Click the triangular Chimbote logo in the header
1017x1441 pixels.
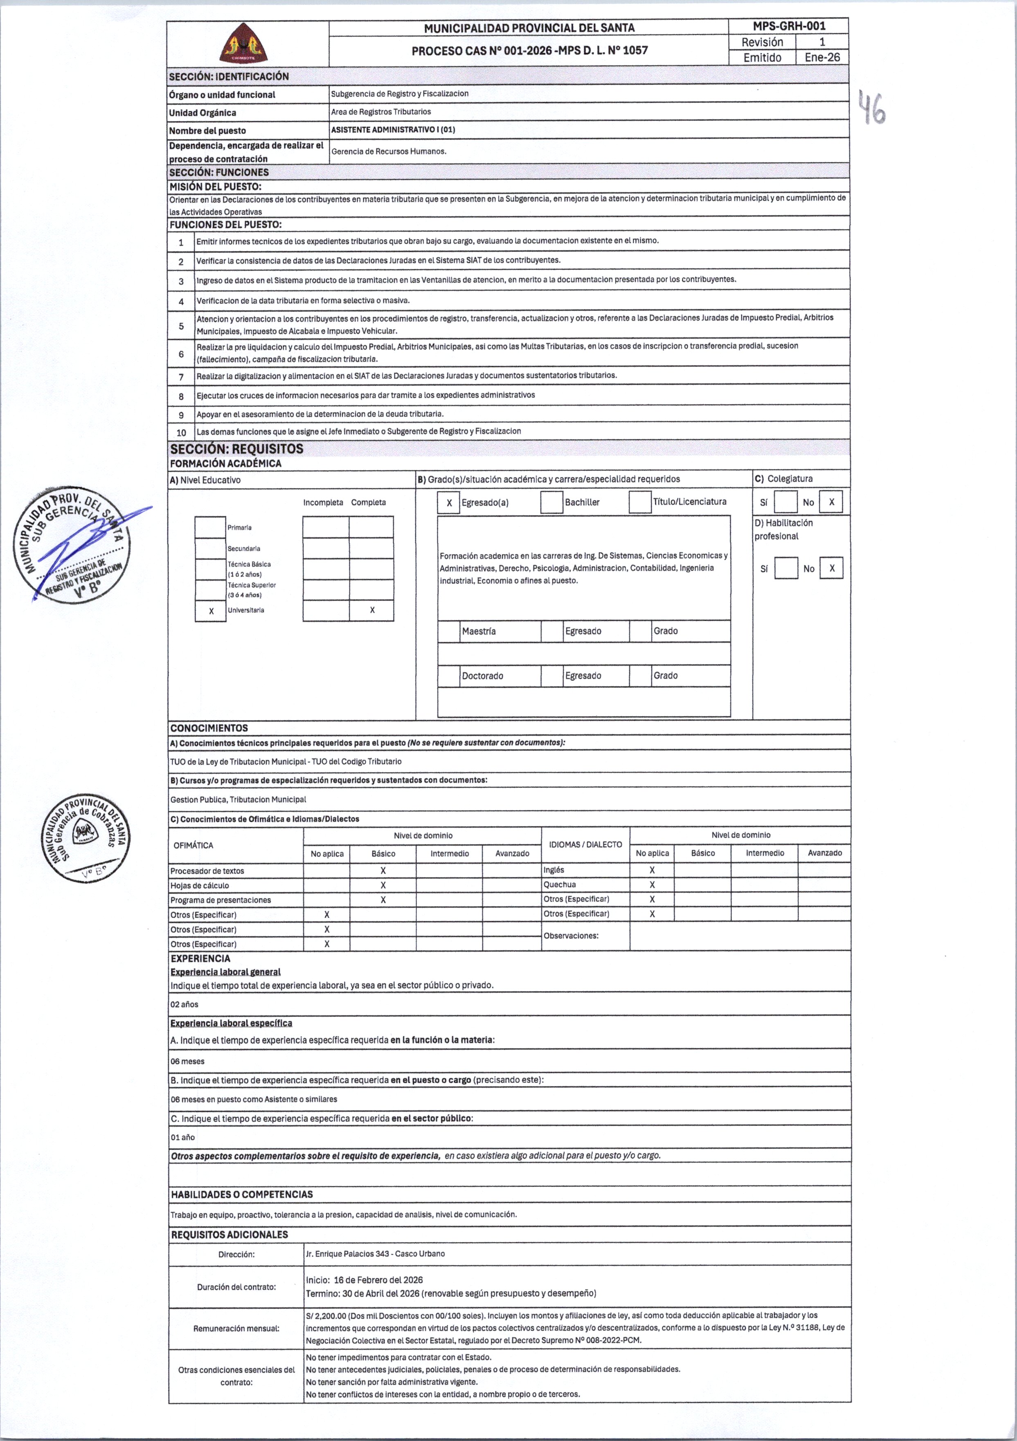click(243, 44)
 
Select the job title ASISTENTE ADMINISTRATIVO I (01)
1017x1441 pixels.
click(393, 130)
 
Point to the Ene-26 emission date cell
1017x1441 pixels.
click(822, 57)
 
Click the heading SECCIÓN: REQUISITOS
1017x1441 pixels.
click(237, 449)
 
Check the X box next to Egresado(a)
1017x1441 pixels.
click(449, 503)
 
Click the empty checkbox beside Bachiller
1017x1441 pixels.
click(551, 503)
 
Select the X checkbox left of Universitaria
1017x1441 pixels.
click(211, 611)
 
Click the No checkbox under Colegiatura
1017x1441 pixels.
click(831, 502)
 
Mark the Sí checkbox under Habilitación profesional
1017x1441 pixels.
click(786, 569)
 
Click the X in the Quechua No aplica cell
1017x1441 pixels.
click(652, 885)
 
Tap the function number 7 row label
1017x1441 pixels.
click(181, 377)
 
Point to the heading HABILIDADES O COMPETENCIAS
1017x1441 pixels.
click(242, 1194)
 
